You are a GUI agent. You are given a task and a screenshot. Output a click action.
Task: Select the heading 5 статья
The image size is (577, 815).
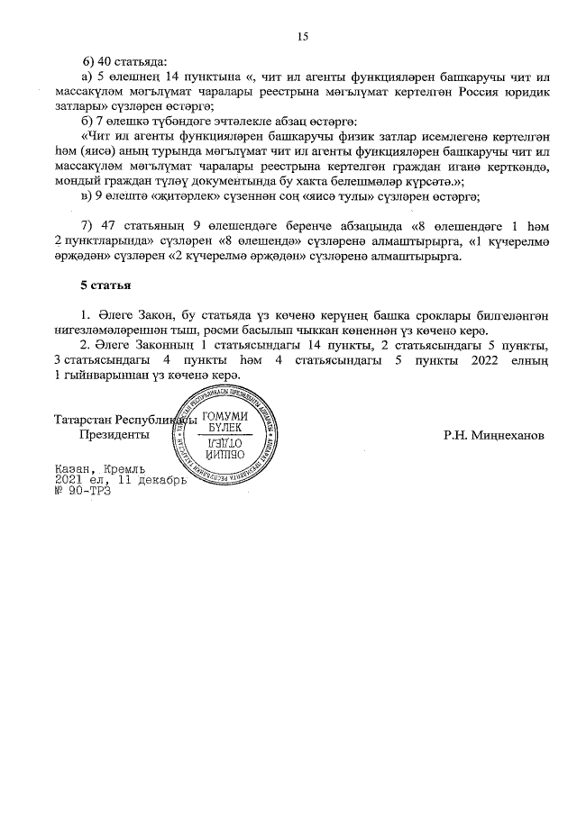pyautogui.click(x=105, y=287)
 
